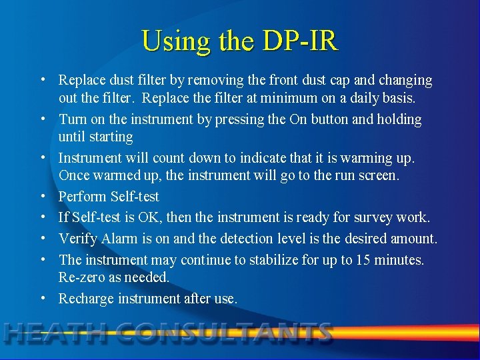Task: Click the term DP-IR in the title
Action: tap(301, 41)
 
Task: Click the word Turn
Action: tap(73, 119)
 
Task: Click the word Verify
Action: tap(78, 238)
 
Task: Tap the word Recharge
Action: tap(86, 299)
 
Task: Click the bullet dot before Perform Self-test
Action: tap(43, 197)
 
